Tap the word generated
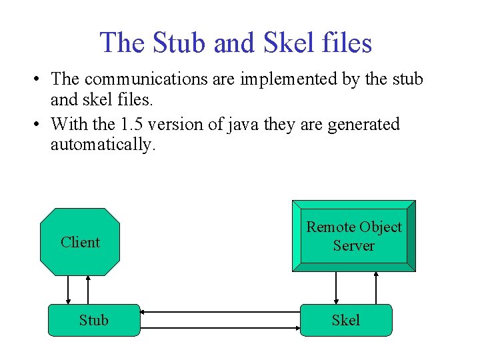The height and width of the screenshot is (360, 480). pos(363,124)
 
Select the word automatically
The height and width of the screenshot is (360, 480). pos(103,145)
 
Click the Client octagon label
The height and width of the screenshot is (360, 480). pos(80,242)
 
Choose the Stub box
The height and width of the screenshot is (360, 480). pos(94,320)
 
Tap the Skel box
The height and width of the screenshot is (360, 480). pos(346,320)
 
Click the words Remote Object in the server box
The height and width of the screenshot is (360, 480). pos(354,227)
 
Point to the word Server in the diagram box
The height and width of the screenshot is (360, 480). pos(354,245)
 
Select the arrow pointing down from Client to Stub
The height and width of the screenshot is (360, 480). pos(69,290)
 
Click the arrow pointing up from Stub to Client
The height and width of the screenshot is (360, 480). pos(88,290)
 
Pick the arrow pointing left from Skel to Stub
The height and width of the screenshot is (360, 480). pos(220,311)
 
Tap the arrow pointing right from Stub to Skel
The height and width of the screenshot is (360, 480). pos(220,328)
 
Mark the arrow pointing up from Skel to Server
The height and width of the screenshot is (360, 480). pos(377,287)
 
